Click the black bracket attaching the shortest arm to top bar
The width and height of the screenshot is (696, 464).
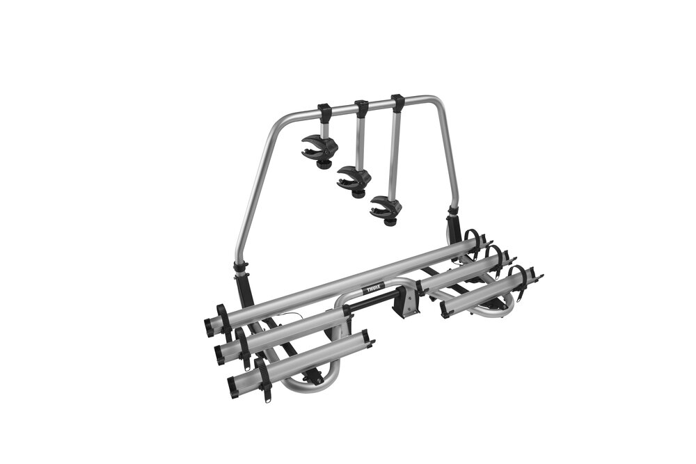pyautogui.click(x=325, y=109)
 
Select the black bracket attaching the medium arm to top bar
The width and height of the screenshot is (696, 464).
pyautogui.click(x=363, y=107)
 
